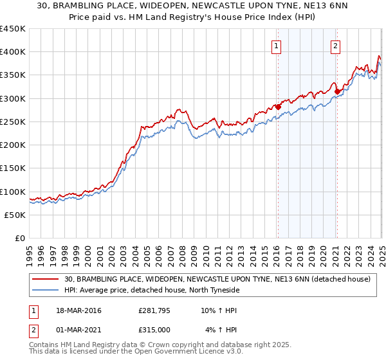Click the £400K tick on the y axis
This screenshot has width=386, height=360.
[12, 52]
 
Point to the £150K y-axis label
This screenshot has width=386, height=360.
[12, 168]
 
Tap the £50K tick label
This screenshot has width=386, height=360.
[14, 215]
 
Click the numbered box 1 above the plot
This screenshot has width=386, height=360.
[276, 46]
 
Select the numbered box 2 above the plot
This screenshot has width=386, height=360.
[336, 46]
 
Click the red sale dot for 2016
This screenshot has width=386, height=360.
[278, 107]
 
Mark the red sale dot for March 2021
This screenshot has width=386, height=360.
[337, 91]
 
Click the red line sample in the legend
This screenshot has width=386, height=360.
[46, 279]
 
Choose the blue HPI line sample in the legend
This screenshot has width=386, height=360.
[46, 290]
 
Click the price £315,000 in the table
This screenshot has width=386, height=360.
[154, 329]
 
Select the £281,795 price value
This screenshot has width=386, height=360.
[154, 311]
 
